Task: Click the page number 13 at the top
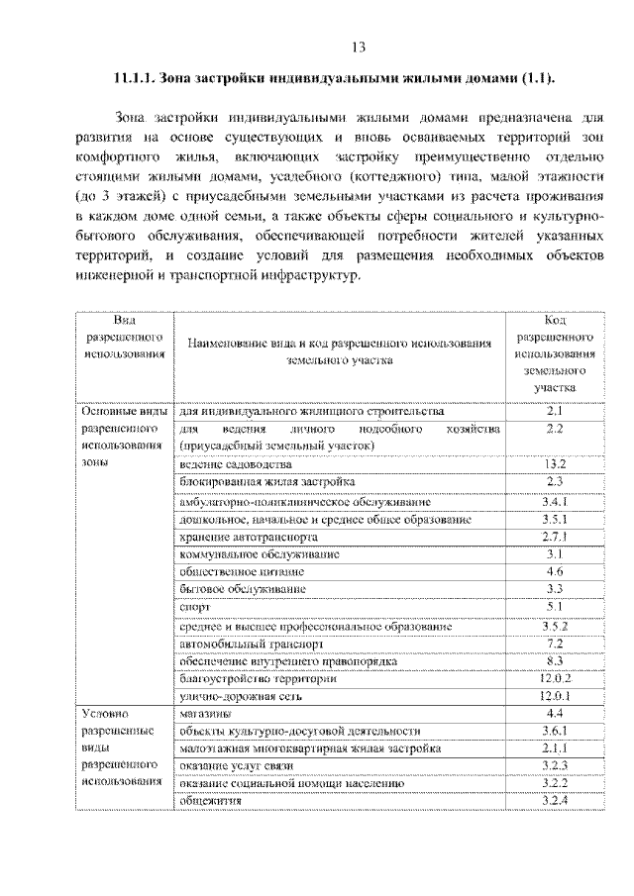click(x=358, y=47)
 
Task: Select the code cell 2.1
click(x=554, y=410)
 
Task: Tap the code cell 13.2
click(x=554, y=463)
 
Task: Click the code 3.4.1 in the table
click(x=554, y=500)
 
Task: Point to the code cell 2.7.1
click(x=554, y=536)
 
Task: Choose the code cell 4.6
click(x=554, y=571)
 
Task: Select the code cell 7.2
click(x=554, y=643)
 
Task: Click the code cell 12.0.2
click(x=554, y=678)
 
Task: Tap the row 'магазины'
click(x=206, y=714)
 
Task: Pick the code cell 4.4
click(x=554, y=714)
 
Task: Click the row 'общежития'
click(x=210, y=800)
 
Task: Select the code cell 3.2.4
click(x=554, y=800)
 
